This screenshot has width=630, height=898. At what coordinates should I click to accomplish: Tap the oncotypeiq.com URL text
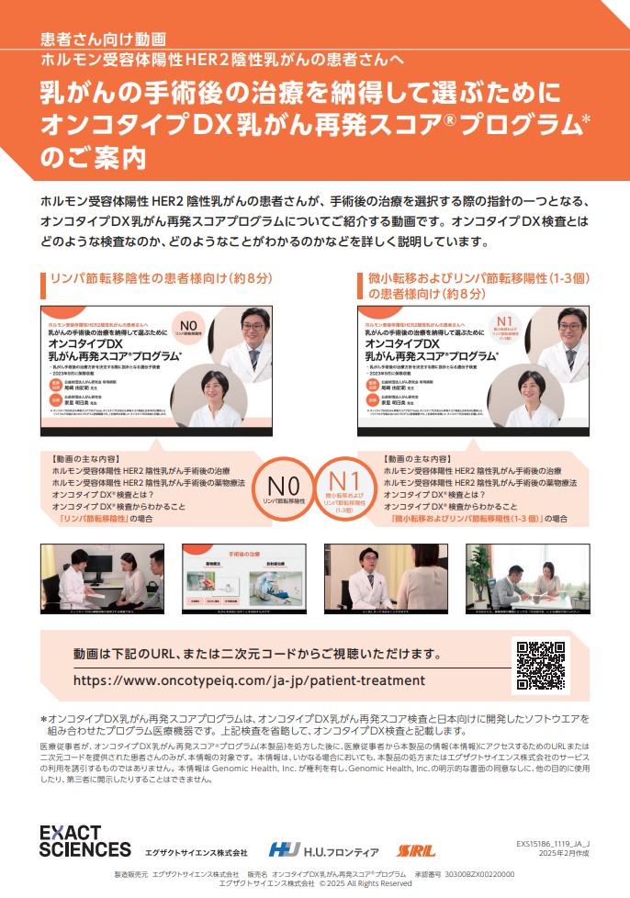coord(249,680)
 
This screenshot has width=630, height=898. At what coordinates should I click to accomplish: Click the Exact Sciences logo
coord(84,840)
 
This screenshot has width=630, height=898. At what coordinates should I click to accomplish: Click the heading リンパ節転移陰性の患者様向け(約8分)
coord(161,276)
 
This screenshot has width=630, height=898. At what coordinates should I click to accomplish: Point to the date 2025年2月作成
coord(564,854)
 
